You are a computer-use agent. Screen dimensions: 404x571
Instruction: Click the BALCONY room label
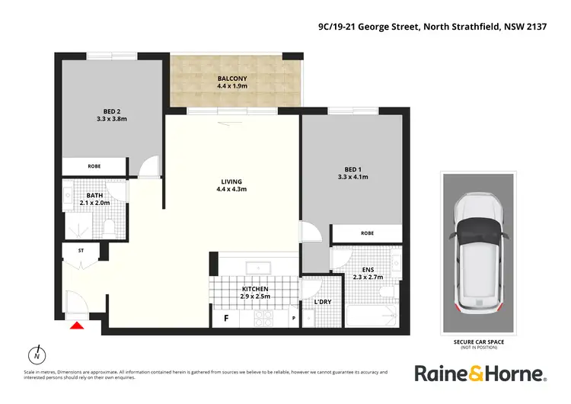tap(232, 78)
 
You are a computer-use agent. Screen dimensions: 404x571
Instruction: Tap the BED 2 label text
tap(111, 111)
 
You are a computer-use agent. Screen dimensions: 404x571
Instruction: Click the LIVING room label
tap(231, 181)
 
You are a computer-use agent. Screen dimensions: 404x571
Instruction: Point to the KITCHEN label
tap(256, 290)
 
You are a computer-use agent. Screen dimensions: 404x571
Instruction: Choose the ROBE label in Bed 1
tap(367, 233)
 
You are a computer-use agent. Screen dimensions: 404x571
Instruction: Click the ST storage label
tap(81, 249)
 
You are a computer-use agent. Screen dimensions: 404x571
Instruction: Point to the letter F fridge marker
tap(225, 319)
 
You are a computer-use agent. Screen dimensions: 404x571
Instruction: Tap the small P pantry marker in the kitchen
tap(294, 319)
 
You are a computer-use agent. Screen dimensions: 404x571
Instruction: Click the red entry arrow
tap(75, 326)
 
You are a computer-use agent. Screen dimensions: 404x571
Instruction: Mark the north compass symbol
tap(36, 355)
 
